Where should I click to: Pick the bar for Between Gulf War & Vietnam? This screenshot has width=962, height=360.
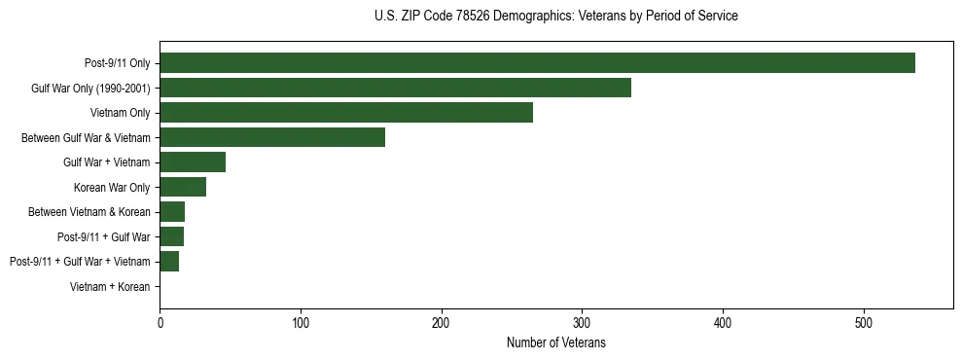pos(272,137)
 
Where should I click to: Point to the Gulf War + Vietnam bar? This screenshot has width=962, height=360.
pos(193,162)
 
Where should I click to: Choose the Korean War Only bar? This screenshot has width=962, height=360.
pos(183,187)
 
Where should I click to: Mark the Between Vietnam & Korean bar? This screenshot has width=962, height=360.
pos(172,212)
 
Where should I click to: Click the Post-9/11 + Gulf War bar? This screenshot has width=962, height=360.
pos(171,236)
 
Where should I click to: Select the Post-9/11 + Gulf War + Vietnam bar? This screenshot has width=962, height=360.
pos(169,261)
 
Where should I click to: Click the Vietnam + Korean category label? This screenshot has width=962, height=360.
pos(110,286)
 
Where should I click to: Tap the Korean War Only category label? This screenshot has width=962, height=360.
pos(112,187)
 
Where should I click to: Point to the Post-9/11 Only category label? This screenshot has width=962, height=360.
pos(118,63)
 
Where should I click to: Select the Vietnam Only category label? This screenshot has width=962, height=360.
pos(121,113)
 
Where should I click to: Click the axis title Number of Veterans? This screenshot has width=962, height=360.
pos(556,342)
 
